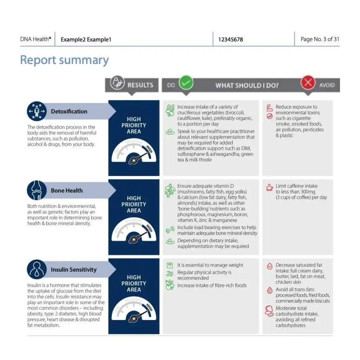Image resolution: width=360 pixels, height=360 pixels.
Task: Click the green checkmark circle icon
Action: click(x=186, y=83)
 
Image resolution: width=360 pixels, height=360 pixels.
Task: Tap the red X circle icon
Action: click(x=308, y=83)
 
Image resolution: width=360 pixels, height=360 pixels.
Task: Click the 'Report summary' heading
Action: click(x=64, y=60)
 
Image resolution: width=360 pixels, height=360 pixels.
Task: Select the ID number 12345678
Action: click(x=230, y=39)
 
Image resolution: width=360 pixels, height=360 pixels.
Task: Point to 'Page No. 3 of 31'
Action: click(x=320, y=39)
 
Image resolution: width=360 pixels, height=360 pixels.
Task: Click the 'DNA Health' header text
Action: click(x=36, y=39)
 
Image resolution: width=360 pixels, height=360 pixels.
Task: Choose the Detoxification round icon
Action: click(x=37, y=111)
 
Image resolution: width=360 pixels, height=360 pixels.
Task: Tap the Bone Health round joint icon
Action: click(x=37, y=190)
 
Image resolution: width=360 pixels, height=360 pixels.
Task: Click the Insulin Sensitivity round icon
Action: click(x=37, y=269)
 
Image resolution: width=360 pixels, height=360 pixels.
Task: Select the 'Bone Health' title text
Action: click(x=67, y=191)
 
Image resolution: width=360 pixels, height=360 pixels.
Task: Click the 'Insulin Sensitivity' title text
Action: click(x=74, y=270)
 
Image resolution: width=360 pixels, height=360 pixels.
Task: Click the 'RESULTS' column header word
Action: click(x=140, y=85)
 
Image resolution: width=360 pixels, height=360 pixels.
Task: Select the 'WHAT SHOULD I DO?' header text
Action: click(x=247, y=85)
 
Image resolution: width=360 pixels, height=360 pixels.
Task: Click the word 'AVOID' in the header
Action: click(x=327, y=85)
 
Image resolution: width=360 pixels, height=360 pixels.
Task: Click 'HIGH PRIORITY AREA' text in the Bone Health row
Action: click(x=134, y=204)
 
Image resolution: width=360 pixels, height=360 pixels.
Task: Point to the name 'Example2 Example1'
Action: click(x=86, y=40)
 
